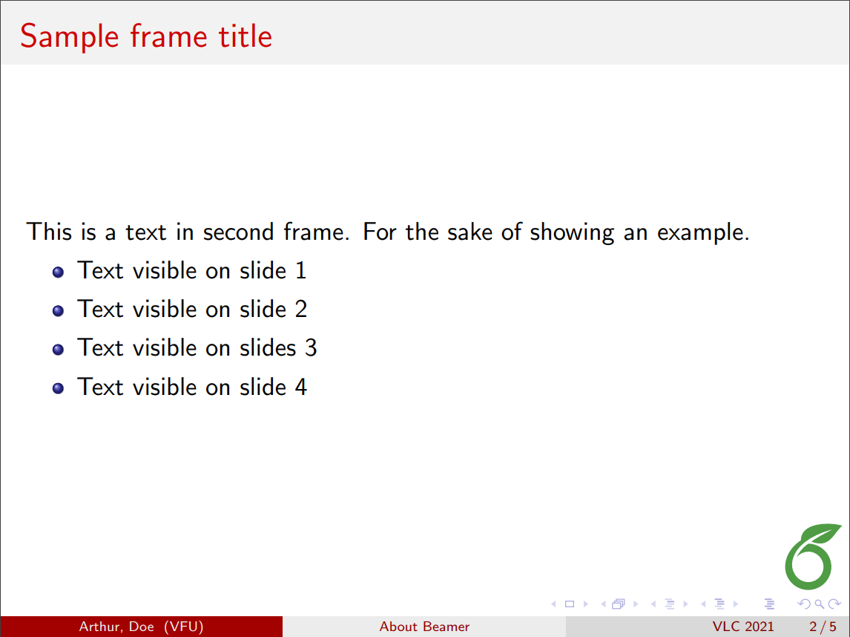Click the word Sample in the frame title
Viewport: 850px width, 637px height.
(x=70, y=37)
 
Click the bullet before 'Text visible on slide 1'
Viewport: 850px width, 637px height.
(x=58, y=272)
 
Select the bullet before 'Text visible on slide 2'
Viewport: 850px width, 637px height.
(x=58, y=310)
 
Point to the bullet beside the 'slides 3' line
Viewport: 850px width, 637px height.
(x=58, y=350)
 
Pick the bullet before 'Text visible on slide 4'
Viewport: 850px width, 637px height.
(x=58, y=388)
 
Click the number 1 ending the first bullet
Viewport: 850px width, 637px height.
(x=301, y=270)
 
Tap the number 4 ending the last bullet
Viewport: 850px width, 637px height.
(x=301, y=387)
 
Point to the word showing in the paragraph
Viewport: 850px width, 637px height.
(x=572, y=232)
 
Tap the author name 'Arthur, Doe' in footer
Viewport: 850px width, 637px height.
(x=116, y=627)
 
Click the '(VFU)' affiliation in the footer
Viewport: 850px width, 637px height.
(x=184, y=627)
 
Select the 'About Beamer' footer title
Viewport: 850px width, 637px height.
(x=424, y=627)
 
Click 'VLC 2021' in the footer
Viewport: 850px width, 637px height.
(x=743, y=627)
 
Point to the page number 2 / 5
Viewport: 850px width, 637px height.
(x=823, y=627)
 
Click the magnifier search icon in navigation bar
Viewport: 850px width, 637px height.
(x=819, y=604)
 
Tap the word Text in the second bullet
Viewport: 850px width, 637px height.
(x=101, y=309)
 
